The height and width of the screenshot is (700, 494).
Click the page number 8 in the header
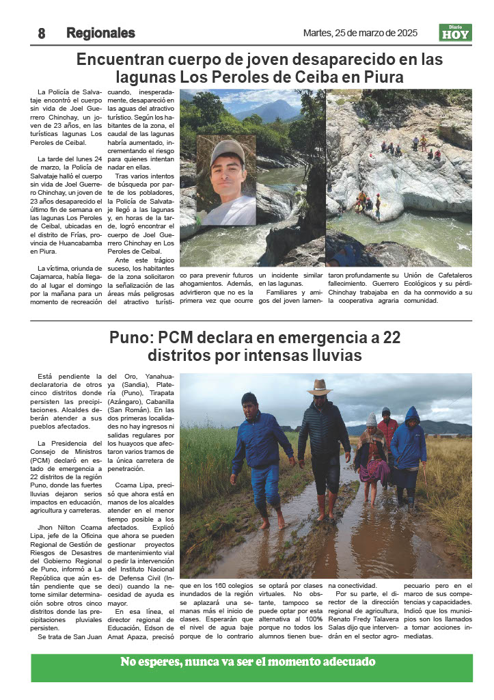[x=42, y=33]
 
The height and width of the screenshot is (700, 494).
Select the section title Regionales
[x=100, y=33]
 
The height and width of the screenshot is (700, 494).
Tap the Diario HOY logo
[x=455, y=33]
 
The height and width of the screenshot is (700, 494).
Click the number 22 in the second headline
[x=387, y=338]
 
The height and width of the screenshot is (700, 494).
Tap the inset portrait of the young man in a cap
[x=226, y=180]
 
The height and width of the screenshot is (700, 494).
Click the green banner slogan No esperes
[x=248, y=662]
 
